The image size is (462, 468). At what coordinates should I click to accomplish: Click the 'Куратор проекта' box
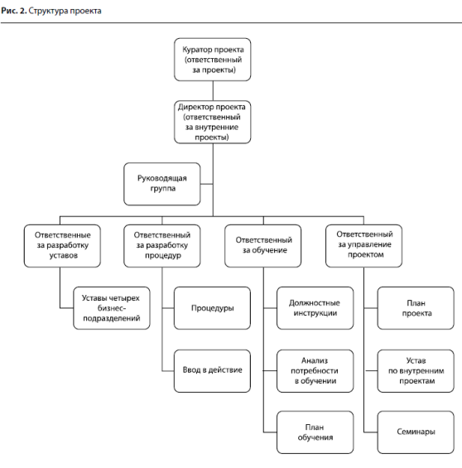[x=212, y=60]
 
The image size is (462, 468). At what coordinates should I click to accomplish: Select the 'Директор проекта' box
[x=212, y=122]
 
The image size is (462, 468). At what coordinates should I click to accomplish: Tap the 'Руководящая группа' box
[x=162, y=184]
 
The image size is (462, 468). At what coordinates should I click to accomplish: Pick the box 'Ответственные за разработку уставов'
[x=62, y=246]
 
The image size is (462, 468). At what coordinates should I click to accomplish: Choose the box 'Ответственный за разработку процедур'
[x=162, y=246]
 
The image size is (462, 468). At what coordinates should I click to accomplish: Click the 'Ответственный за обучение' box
[x=262, y=246]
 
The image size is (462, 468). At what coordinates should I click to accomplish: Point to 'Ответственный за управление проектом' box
[x=363, y=246]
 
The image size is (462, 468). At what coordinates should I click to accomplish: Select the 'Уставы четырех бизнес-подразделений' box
[x=112, y=308]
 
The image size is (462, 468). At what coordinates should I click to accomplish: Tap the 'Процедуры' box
[x=212, y=308]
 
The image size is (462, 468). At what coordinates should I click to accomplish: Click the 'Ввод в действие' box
[x=212, y=371]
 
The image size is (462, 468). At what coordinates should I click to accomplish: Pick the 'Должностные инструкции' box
[x=315, y=308]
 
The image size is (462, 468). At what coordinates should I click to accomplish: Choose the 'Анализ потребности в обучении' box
[x=315, y=371]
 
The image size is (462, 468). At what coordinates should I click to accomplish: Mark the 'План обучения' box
[x=315, y=432]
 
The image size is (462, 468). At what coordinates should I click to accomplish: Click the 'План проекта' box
[x=416, y=308]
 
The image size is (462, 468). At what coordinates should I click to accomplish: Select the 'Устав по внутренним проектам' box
[x=416, y=371]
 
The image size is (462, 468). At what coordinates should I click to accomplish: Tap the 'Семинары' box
[x=416, y=432]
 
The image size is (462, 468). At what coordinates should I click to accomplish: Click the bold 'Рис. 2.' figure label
[x=14, y=11]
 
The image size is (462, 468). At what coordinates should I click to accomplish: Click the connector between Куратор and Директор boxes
[x=213, y=91]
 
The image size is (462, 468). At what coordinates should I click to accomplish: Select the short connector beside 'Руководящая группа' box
[x=206, y=184]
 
